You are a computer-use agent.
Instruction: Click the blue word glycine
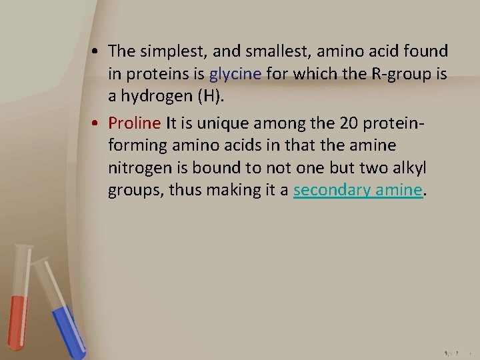coord(235,74)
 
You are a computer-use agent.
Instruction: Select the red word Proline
coord(135,123)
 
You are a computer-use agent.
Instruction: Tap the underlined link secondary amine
coord(358,190)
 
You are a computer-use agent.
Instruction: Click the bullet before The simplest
coord(97,52)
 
